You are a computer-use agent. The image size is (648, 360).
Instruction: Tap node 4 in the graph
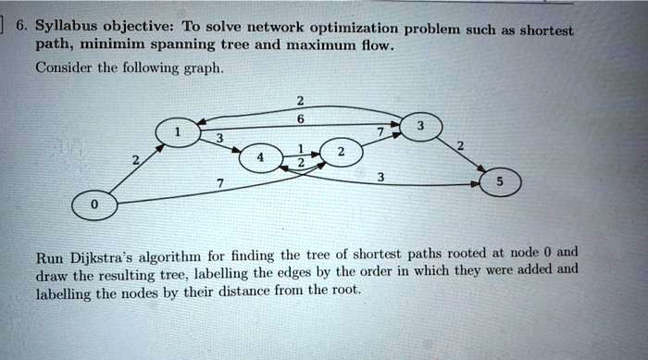[259, 158]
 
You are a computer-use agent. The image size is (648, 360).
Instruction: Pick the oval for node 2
[341, 151]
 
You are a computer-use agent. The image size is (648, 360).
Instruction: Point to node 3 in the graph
[421, 126]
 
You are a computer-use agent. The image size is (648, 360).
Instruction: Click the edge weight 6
[300, 117]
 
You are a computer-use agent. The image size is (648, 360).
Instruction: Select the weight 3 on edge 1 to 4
[218, 140]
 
